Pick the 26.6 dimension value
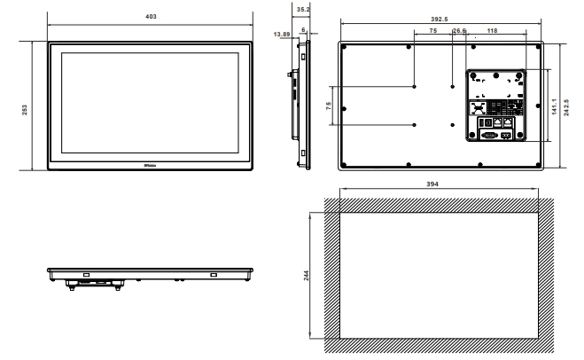tap(459, 30)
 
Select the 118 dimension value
tap(492, 30)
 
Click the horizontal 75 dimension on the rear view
tap(432, 30)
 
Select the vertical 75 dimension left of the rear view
tap(329, 105)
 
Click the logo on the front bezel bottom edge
tap(148, 165)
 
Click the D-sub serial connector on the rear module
tap(488, 136)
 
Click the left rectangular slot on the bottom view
tap(86, 275)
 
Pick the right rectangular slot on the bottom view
tap(213, 275)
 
